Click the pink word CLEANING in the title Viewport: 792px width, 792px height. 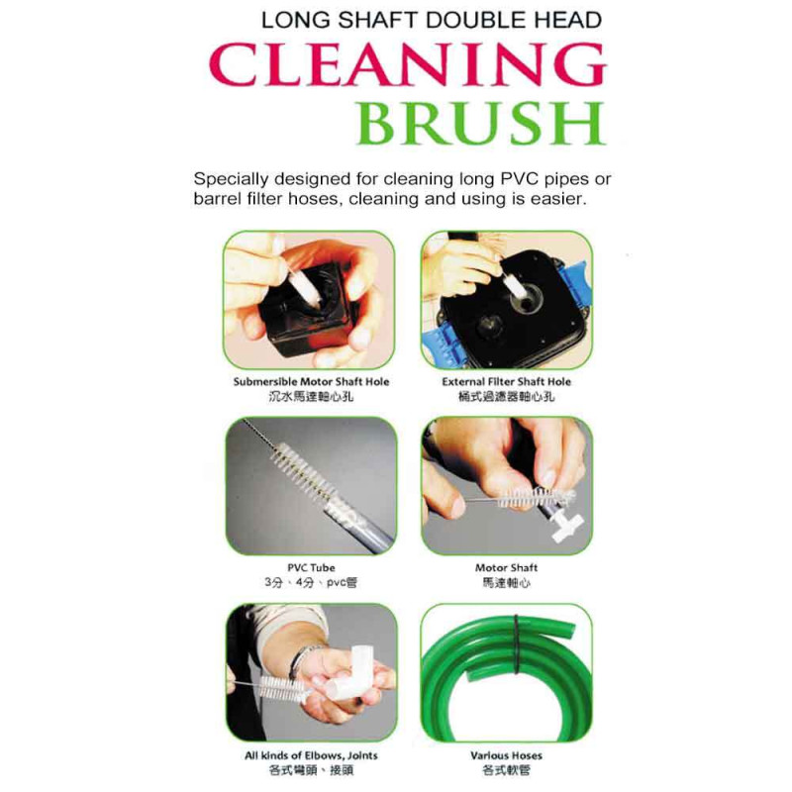[x=408, y=64]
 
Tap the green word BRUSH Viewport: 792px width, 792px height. [x=481, y=123]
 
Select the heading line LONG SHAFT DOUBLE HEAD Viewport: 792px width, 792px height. [x=432, y=20]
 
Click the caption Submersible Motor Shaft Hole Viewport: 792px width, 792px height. [x=311, y=382]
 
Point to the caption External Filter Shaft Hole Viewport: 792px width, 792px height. [x=506, y=382]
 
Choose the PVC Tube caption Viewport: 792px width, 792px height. [x=311, y=567]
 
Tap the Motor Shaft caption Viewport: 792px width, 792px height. [x=506, y=567]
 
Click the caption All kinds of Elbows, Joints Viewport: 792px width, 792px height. [x=311, y=755]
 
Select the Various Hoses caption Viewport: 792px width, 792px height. [x=506, y=755]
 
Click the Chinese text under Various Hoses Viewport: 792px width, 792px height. [x=506, y=771]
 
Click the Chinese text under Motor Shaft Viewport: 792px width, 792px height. [x=506, y=583]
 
